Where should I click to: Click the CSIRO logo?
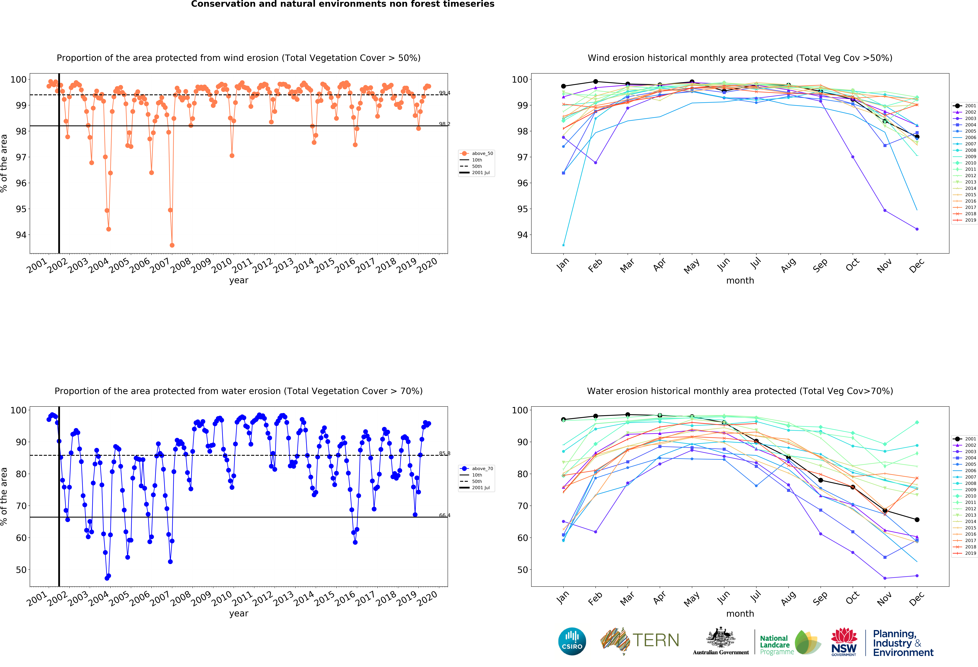pos(572,641)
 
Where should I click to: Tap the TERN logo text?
pos(656,640)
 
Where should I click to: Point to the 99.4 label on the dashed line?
pos(444,93)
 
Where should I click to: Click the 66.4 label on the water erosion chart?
pos(444,515)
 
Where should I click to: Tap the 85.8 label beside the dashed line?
pos(444,454)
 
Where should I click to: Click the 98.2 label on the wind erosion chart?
pos(444,124)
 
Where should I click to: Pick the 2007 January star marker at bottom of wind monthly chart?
pos(563,245)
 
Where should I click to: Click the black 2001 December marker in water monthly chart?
pos(917,520)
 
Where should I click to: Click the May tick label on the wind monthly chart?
pos(691,266)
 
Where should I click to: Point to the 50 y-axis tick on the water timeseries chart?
pos(21,570)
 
